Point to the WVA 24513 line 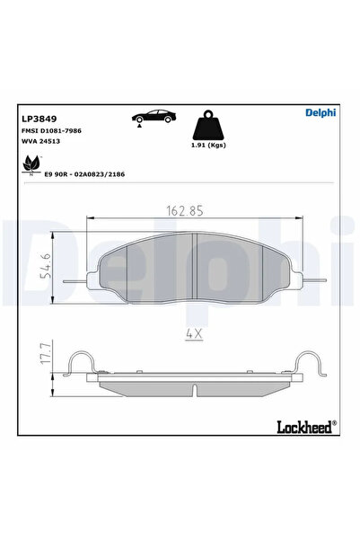click(44, 141)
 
